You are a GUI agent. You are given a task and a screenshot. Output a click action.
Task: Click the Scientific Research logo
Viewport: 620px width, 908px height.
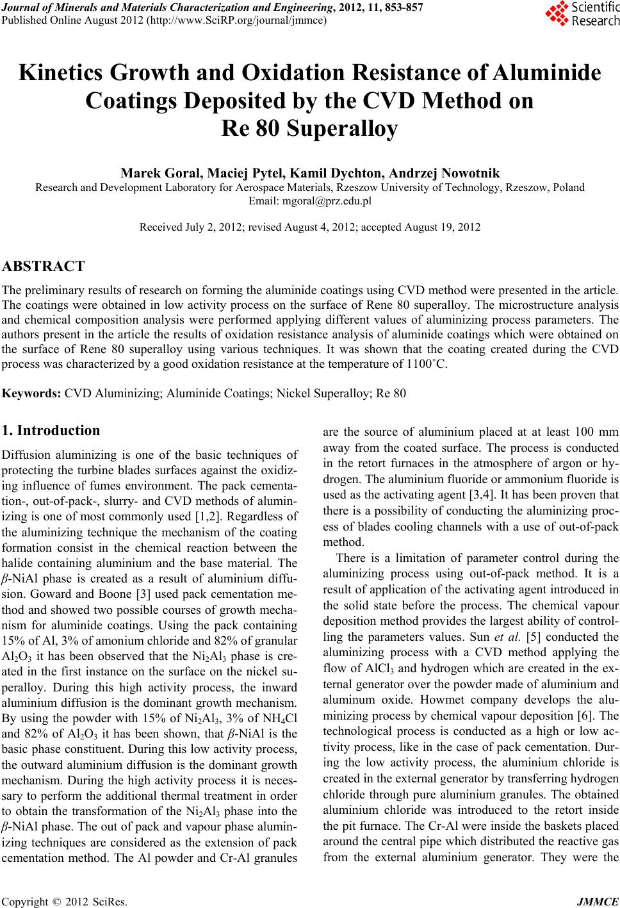582,15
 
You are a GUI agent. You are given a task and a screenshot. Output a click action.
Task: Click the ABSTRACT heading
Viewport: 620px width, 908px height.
44,266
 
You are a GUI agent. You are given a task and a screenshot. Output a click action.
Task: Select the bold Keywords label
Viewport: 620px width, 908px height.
32,393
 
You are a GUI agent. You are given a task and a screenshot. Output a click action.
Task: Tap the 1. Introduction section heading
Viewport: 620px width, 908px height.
51,430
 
